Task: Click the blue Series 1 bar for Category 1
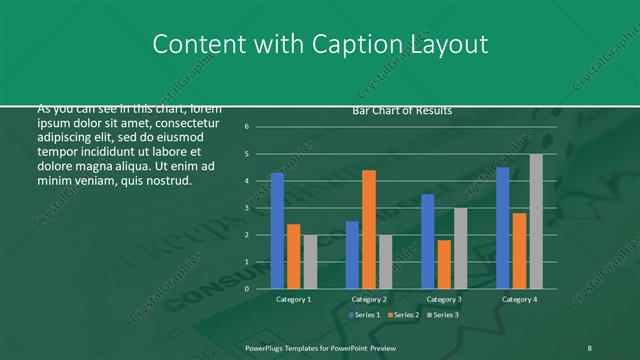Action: (277, 231)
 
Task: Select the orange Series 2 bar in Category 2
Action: (369, 229)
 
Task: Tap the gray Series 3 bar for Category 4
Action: (536, 221)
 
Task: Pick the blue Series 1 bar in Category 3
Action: (428, 241)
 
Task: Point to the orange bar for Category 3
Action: (444, 264)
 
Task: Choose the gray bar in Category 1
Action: (310, 262)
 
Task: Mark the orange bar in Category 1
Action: (293, 256)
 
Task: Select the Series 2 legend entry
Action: (402, 315)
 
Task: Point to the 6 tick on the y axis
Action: (259, 127)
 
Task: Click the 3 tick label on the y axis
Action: (259, 208)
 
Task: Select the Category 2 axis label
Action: (368, 299)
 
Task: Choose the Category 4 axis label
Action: (519, 299)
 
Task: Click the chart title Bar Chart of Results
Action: (402, 110)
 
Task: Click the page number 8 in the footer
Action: (590, 346)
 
